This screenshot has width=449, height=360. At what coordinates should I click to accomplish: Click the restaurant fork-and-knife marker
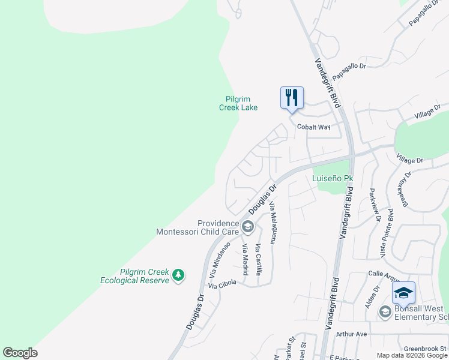point(292,98)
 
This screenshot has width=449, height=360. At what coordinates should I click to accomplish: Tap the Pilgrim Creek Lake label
point(241,103)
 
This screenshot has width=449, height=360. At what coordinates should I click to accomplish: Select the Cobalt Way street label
point(314,127)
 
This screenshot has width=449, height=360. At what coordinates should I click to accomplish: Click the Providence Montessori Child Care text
point(197,227)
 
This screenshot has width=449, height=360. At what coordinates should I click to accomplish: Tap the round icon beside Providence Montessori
point(247,227)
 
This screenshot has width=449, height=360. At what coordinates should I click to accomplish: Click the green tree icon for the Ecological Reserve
point(178,275)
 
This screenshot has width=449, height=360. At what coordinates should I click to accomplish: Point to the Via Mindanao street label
point(220,259)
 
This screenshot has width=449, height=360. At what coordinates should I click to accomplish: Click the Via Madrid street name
point(245,260)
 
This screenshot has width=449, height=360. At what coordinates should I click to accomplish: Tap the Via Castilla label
point(259,260)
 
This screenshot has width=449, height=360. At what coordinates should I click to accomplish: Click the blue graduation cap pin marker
point(403,293)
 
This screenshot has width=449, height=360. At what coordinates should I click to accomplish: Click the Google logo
point(20,353)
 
